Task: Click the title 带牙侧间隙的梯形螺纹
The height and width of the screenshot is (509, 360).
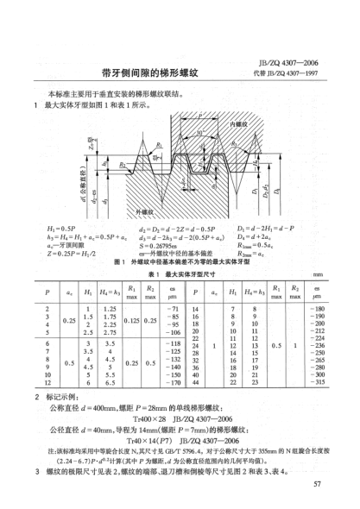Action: click(x=172, y=75)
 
